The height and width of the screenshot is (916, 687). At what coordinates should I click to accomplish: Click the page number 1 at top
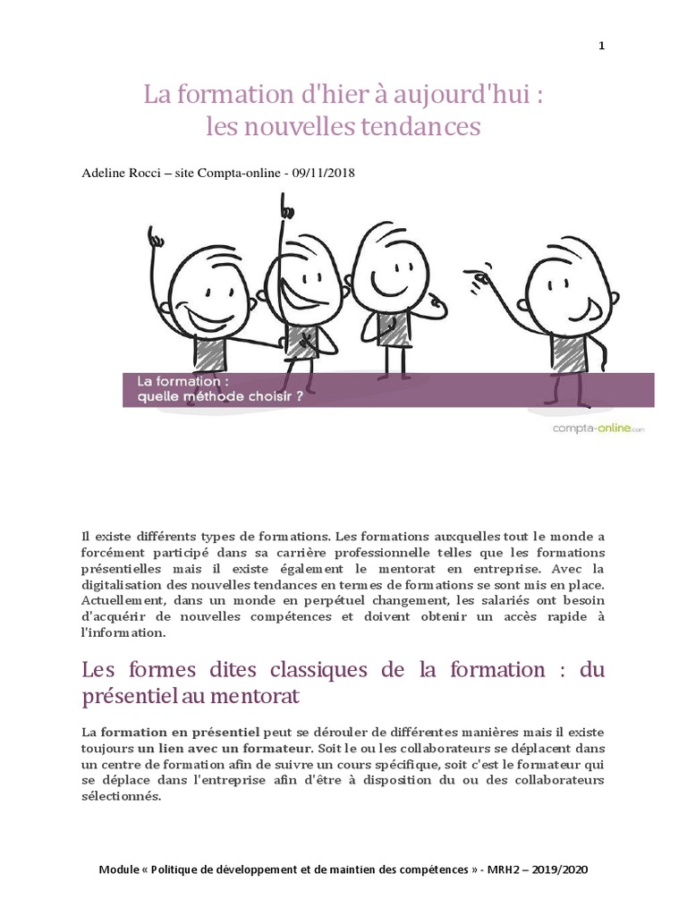(x=602, y=47)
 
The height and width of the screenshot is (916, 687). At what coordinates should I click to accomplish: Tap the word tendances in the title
(x=420, y=127)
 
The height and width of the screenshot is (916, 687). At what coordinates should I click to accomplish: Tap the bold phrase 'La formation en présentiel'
(x=171, y=731)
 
